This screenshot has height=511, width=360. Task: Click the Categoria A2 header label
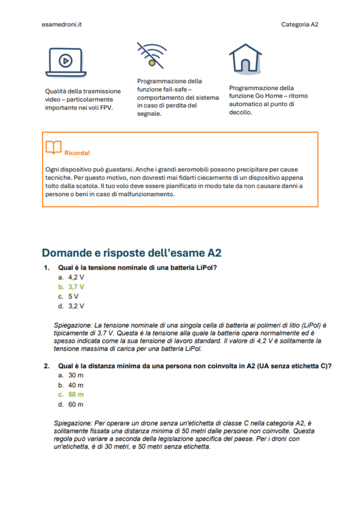(299, 24)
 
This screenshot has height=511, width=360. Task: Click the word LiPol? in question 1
(206, 267)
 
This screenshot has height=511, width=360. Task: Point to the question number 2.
(46, 365)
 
